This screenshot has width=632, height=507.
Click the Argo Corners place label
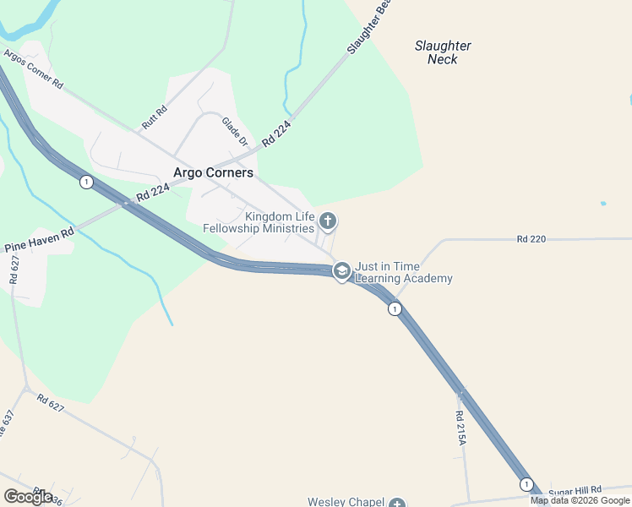pos(213,172)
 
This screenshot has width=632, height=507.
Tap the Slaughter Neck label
pos(443,52)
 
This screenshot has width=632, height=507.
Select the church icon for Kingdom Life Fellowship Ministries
pos(328,221)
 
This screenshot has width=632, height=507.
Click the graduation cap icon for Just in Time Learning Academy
pos(341,270)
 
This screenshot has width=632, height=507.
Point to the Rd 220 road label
pos(531,239)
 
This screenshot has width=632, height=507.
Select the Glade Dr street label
pos(235,132)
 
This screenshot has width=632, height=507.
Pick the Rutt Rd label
pos(155,117)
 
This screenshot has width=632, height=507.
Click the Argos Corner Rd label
pos(34,70)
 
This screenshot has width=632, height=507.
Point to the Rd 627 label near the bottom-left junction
pos(51,406)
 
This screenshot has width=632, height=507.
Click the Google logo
pos(28,496)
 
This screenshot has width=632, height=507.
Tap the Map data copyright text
pos(580,500)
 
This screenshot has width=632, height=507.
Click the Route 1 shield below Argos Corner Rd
pos(85,182)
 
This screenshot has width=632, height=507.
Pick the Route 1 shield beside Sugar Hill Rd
pos(526,484)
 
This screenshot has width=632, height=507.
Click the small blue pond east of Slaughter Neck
pos(602,204)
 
